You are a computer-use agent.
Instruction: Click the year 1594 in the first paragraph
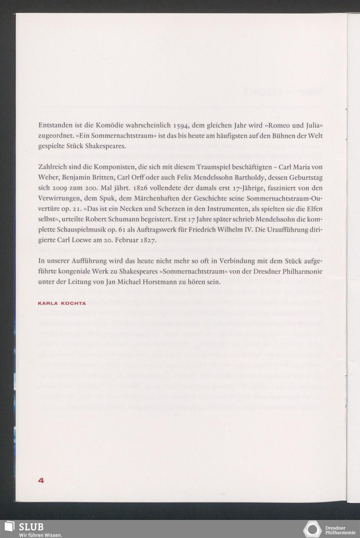[181, 126]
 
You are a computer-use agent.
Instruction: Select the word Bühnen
[276, 136]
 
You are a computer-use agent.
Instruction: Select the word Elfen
[314, 209]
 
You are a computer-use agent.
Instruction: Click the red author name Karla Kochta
[62, 303]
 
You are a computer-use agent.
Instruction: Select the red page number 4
[41, 480]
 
